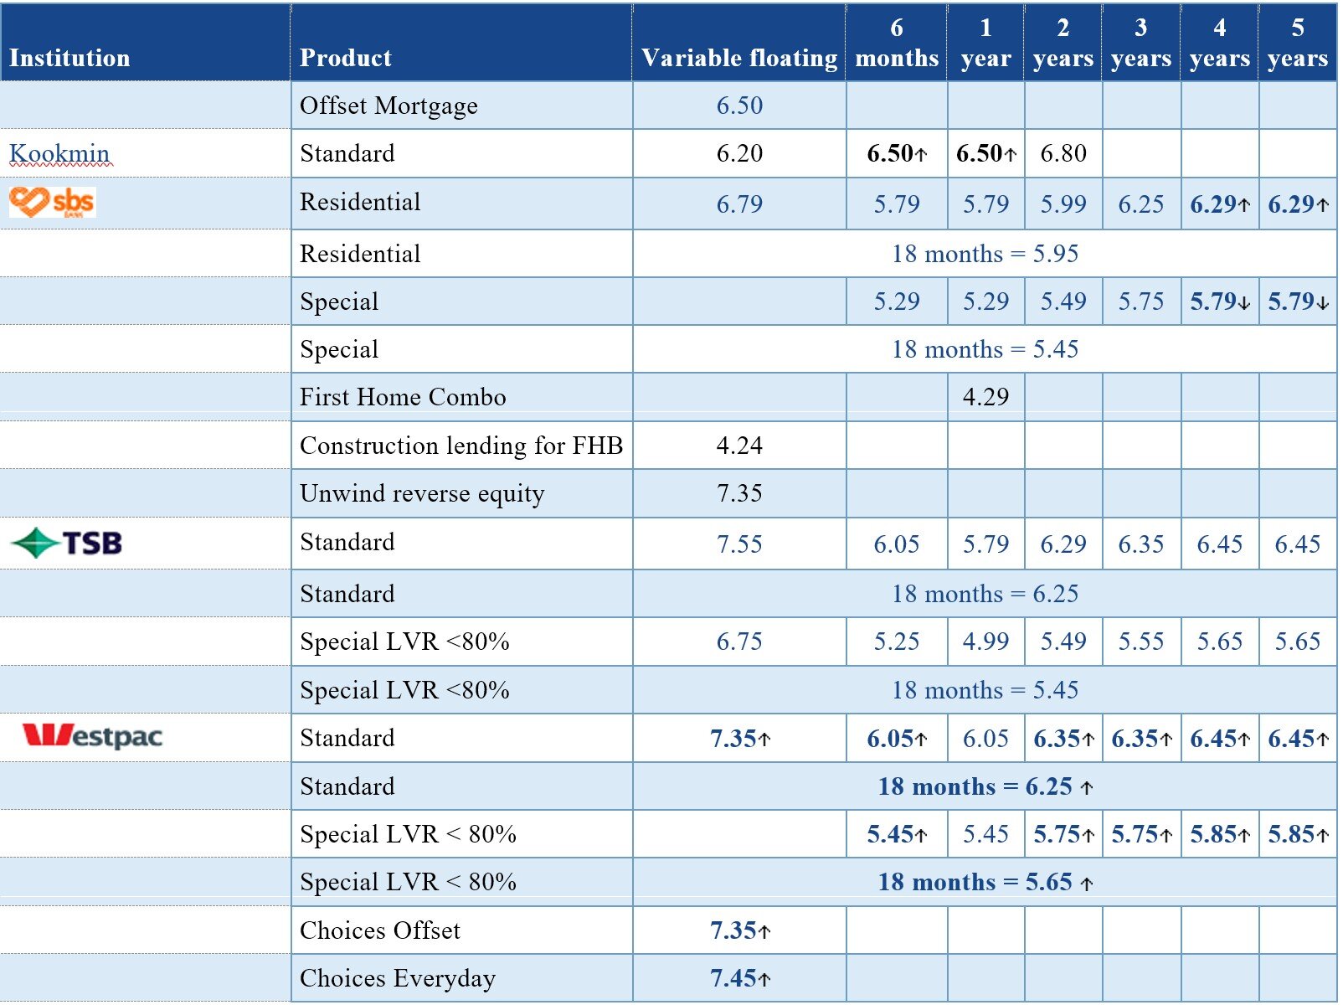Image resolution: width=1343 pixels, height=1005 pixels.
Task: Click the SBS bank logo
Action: [x=53, y=202]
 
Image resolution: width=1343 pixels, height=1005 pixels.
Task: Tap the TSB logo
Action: [x=67, y=543]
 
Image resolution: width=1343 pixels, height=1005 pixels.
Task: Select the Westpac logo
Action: [x=92, y=736]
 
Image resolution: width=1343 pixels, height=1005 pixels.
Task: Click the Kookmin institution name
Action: [x=59, y=153]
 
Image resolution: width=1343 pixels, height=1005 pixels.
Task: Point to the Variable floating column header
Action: [x=739, y=58]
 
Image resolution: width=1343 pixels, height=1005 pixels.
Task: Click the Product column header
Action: [x=345, y=58]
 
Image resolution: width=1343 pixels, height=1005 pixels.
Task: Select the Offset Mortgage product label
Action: [x=388, y=106]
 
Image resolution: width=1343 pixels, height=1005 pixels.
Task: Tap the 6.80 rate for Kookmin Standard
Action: [x=1063, y=153]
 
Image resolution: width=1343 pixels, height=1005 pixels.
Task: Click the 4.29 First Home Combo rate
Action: [x=985, y=397]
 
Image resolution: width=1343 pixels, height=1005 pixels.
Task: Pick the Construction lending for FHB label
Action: [x=461, y=446]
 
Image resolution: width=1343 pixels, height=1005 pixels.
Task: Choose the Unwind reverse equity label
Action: [x=421, y=494]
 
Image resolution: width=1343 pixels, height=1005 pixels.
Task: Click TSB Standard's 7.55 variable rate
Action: [x=739, y=544]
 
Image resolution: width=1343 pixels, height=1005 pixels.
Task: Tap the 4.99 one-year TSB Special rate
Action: [x=985, y=642]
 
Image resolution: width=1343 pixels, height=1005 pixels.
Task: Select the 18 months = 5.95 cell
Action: [x=985, y=254]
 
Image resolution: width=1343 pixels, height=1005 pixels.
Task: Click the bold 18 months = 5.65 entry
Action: [x=985, y=883]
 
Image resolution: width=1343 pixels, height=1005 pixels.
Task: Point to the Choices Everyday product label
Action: [x=398, y=979]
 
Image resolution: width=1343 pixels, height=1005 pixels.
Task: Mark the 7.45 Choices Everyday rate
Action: [x=739, y=979]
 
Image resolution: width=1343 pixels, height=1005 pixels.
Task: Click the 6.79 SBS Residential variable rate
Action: [x=739, y=204]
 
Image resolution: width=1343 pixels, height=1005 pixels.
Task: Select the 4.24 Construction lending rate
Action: [x=739, y=446]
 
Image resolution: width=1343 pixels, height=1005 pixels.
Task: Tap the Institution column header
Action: [x=69, y=58]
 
